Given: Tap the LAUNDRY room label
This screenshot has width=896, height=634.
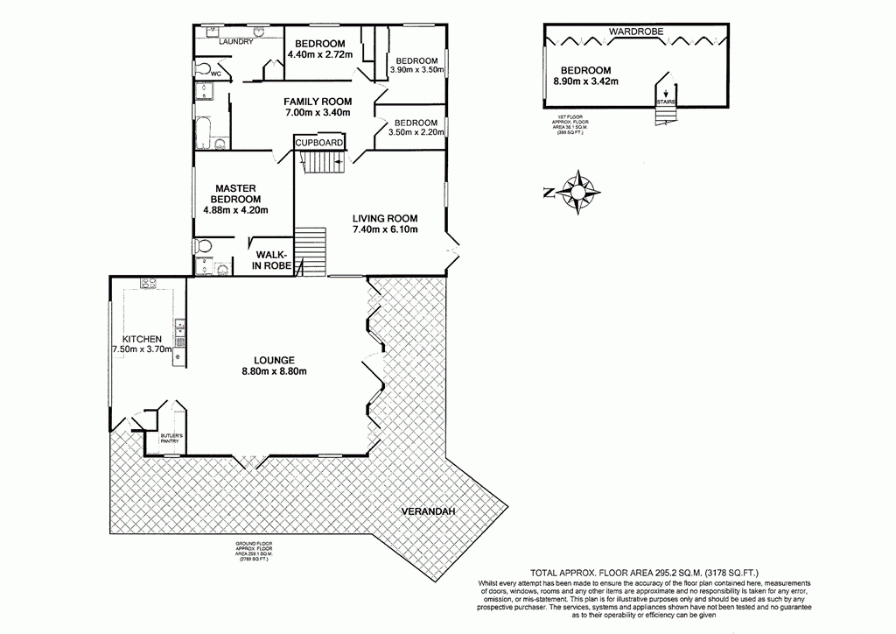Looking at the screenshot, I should coord(236,42).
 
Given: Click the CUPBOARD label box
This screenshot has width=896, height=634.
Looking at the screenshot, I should coord(319,142).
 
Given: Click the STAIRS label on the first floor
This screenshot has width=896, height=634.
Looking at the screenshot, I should coord(666,102).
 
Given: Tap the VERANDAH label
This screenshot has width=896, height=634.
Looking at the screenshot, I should coord(430,512).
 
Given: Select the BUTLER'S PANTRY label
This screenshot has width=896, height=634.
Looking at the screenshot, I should coord(170,438).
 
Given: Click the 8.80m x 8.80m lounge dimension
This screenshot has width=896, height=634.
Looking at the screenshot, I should coord(274,371).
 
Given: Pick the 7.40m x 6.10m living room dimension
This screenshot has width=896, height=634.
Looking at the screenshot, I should coord(384,230).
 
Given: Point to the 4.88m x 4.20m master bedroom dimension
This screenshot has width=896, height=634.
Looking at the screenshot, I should coord(234,209).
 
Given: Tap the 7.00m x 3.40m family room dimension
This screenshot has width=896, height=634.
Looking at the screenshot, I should coord(317,112).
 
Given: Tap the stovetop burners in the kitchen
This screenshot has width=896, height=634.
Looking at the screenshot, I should coord(147,284).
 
